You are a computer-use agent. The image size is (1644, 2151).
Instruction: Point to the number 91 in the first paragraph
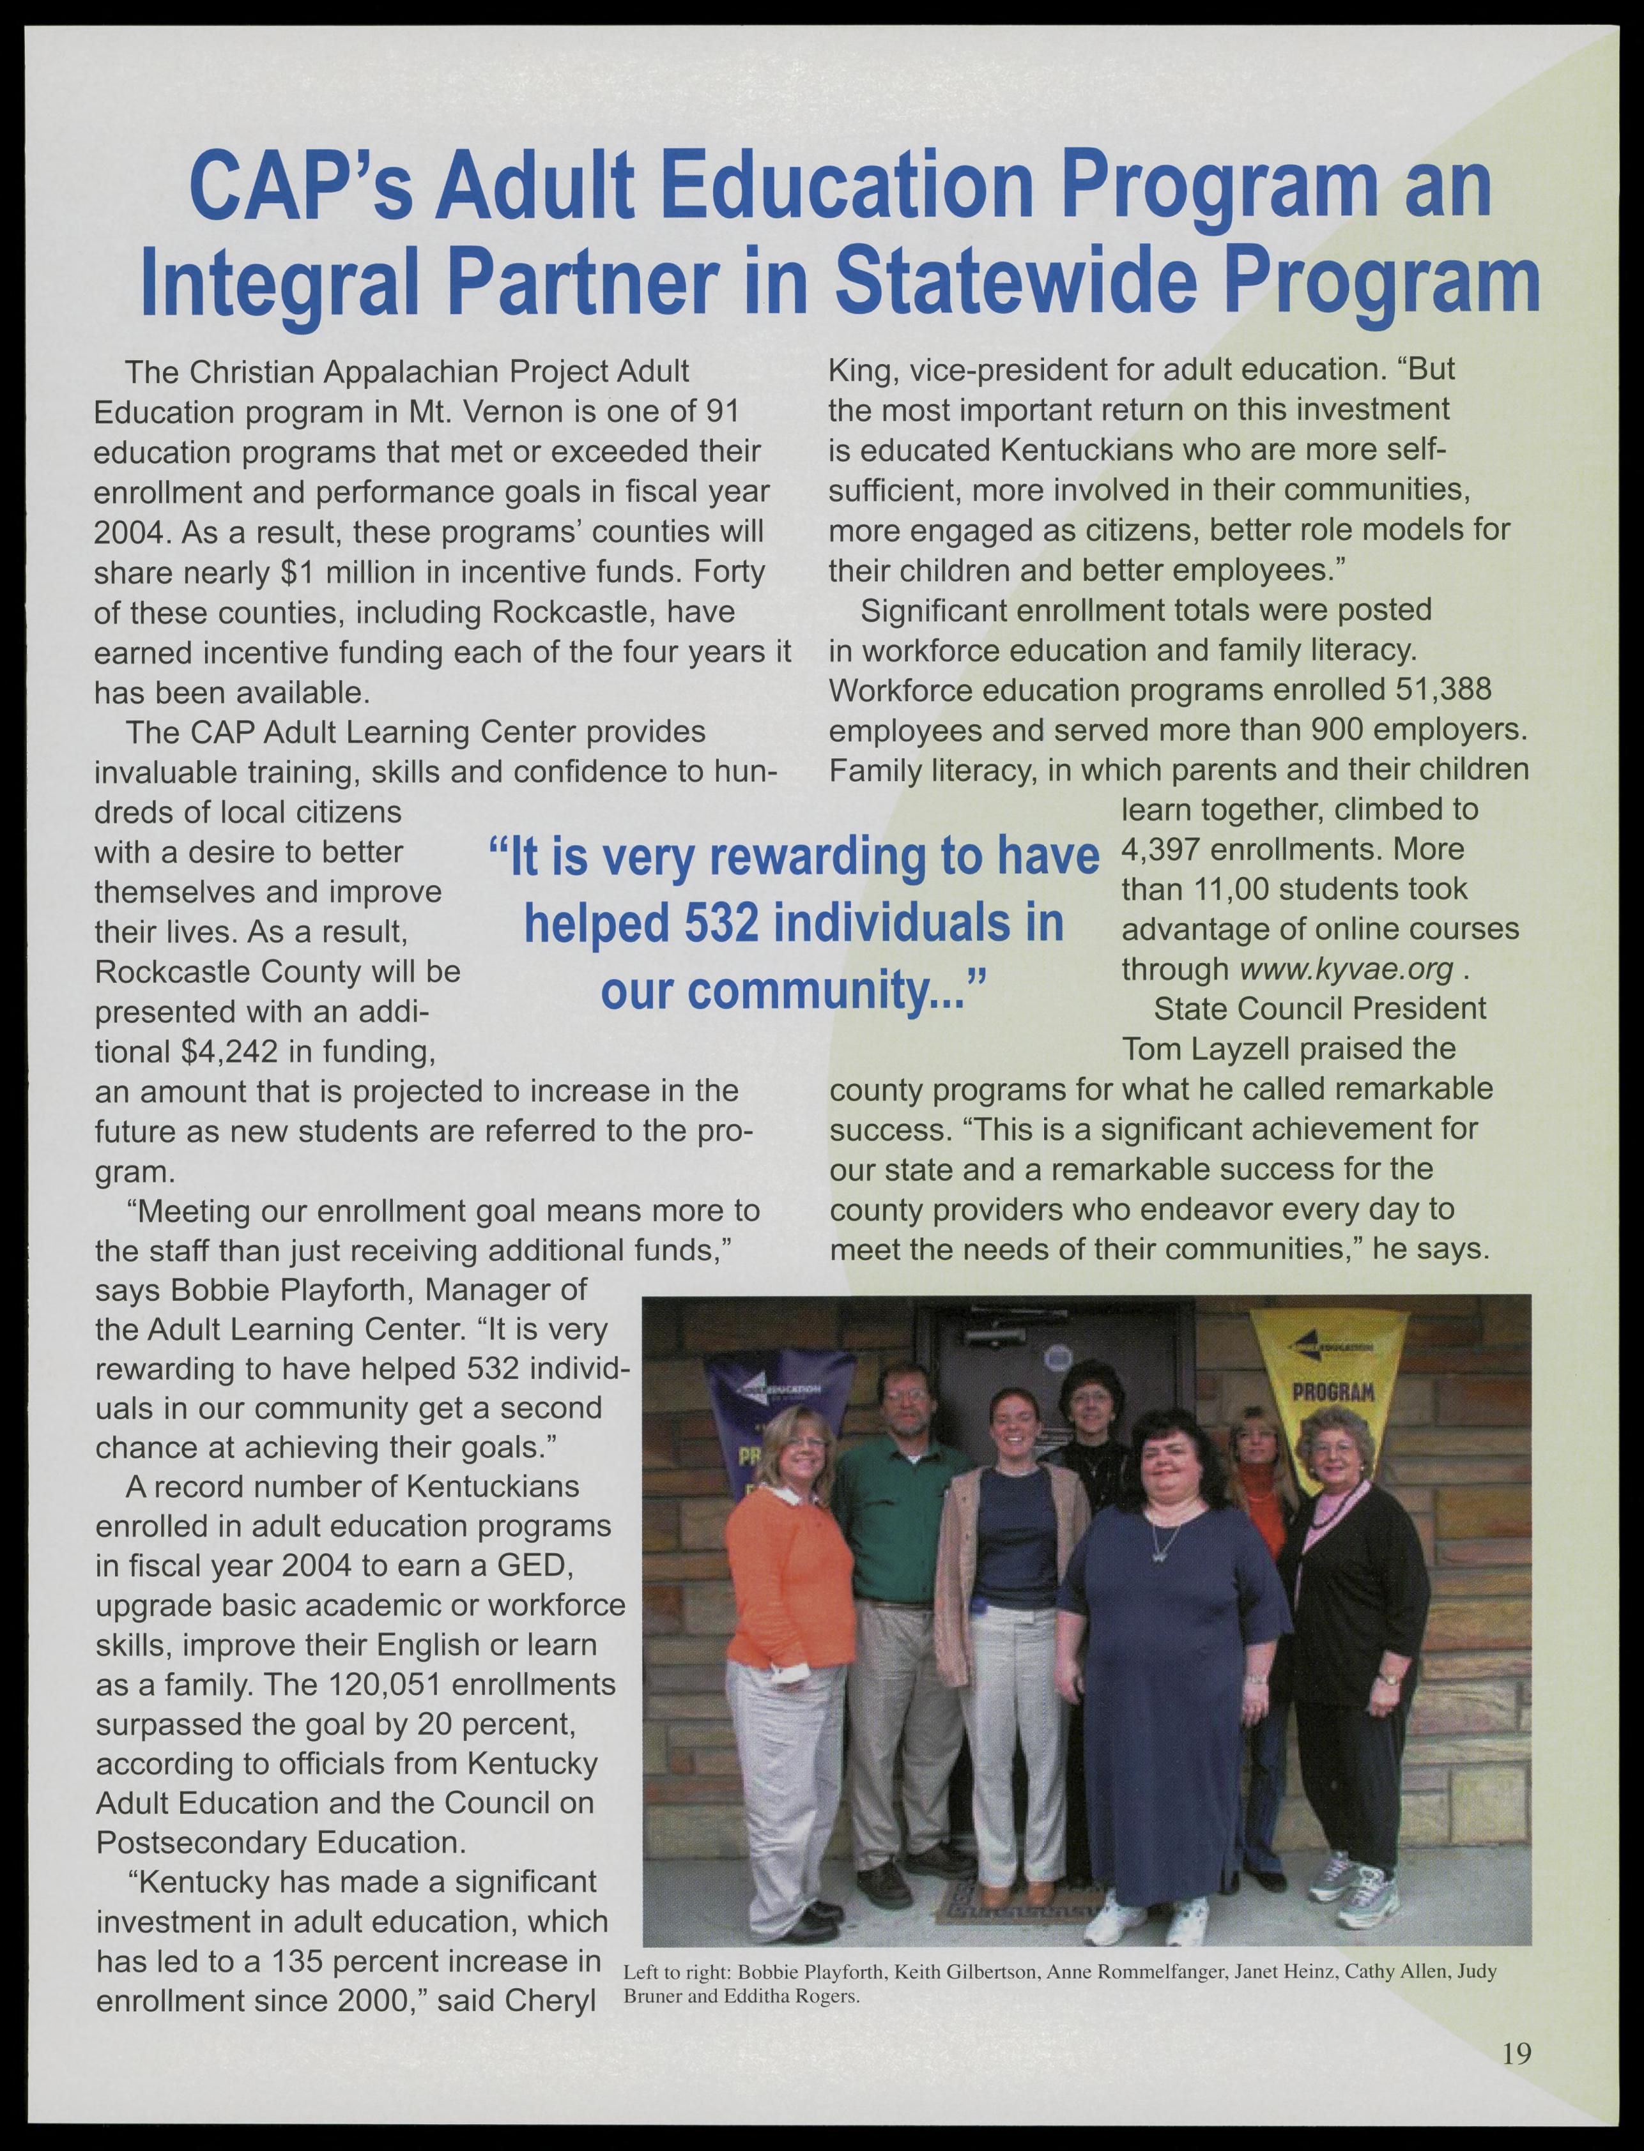point(723,412)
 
